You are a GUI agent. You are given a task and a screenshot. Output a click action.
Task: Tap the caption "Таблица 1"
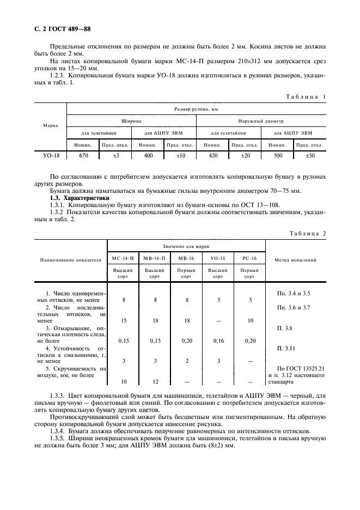306,96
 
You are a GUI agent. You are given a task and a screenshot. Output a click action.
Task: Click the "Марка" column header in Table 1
50,126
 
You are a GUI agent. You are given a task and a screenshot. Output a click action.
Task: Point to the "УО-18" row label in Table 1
51,155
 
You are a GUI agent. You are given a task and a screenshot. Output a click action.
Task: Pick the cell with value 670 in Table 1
83,155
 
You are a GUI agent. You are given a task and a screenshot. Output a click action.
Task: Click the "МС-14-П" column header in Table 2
123,258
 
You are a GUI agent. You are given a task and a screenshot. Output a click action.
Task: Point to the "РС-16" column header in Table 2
249,258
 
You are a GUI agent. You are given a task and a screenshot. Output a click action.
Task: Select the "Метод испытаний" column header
295,260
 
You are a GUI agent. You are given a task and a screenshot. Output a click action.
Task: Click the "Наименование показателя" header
70,260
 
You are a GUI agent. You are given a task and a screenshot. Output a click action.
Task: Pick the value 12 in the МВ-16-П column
155,381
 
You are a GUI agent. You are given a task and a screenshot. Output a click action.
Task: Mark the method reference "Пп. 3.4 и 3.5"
295,293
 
